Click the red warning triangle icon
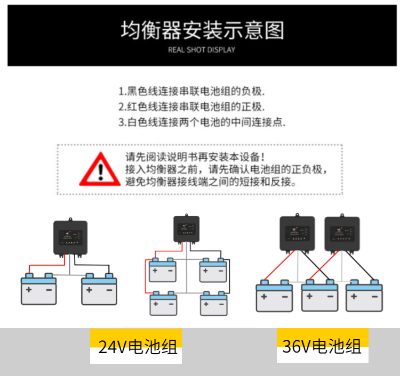(x=100, y=169)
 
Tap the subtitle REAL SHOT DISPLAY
(x=201, y=50)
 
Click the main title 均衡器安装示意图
(x=202, y=30)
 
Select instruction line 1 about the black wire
(x=191, y=91)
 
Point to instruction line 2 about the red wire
(x=191, y=106)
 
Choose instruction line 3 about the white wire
(x=202, y=122)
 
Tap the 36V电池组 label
(x=322, y=347)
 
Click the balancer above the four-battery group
(x=186, y=228)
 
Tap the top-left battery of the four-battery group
(x=163, y=270)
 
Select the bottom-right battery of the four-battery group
(x=214, y=303)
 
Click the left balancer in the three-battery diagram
(x=298, y=231)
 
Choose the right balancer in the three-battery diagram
(x=342, y=231)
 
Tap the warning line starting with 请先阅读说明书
(x=194, y=157)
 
